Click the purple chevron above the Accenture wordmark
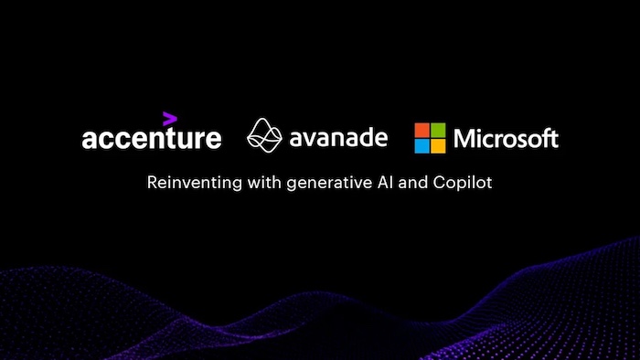point(169,118)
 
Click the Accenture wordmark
point(151,139)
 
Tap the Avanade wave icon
point(266,137)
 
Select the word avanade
point(338,139)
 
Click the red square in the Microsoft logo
point(422,130)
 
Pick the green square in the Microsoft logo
point(438,130)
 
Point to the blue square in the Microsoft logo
point(422,145)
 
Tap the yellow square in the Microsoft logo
point(438,145)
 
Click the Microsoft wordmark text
point(506,139)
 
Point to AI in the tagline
point(372,183)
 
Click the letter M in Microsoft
point(464,139)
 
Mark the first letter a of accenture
point(89,140)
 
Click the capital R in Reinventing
point(153,183)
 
